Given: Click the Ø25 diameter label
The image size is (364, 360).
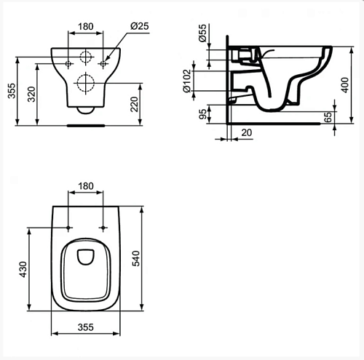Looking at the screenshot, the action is [139, 26].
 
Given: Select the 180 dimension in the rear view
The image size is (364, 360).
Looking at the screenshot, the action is [86, 26].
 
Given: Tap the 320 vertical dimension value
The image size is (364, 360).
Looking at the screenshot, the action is [31, 94].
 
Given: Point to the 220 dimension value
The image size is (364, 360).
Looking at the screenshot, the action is [134, 104].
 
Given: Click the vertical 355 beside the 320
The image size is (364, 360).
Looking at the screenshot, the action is [12, 91].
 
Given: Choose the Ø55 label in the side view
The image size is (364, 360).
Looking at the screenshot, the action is [202, 33].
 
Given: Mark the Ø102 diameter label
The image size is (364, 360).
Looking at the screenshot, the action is [187, 81].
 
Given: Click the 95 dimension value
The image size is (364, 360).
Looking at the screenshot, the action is [202, 114].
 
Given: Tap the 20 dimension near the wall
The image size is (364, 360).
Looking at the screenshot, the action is [247, 132].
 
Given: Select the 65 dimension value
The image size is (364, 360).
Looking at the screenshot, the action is [328, 117].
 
